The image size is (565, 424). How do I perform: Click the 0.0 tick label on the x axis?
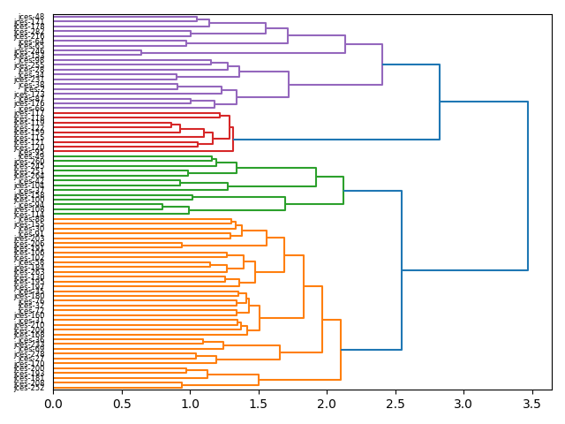tap(53, 404)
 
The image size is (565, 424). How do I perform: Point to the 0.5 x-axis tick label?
tap(121, 404)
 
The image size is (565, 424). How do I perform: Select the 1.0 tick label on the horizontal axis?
tap(190, 404)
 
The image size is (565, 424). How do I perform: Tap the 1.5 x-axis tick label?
tap(258, 404)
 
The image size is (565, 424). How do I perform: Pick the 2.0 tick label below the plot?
tap(327, 404)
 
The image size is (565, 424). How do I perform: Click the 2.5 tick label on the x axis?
tap(395, 404)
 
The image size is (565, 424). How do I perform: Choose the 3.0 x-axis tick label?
tap(463, 404)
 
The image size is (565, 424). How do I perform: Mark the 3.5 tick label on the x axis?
tap(531, 404)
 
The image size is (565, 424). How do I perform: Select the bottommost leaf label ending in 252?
tap(29, 387)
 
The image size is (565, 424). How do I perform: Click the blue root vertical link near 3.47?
tap(528, 185)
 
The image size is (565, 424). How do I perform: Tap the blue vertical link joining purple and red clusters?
tap(440, 102)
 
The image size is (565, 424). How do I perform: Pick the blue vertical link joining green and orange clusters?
tap(402, 270)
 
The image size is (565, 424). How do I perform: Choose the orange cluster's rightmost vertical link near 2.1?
tap(341, 350)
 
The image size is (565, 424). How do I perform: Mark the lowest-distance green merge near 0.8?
tap(162, 207)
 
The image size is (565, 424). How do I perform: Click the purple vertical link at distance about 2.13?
tap(345, 44)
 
